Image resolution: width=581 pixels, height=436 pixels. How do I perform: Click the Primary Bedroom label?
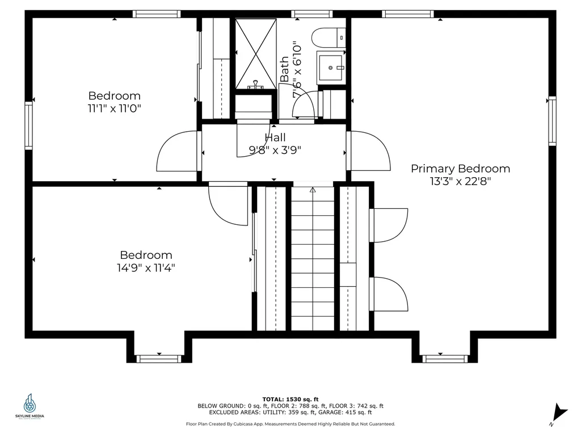tap(460, 169)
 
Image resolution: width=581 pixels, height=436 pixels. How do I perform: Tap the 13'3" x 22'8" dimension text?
tap(460, 181)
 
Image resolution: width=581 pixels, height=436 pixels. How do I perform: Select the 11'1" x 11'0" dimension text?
tap(115, 108)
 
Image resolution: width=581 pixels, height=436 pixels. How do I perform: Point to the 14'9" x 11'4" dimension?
tap(146, 268)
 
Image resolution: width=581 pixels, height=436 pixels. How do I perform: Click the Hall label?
tap(275, 137)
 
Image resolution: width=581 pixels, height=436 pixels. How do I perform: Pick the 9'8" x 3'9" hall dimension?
tap(275, 150)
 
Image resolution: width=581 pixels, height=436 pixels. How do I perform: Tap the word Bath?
tap(285, 69)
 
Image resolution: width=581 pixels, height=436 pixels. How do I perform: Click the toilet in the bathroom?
tap(329, 38)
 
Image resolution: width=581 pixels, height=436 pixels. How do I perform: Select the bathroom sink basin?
tap(331, 68)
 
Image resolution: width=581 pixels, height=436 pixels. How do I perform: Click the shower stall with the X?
tap(256, 54)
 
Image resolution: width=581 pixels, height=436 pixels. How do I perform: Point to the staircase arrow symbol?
tap(313, 190)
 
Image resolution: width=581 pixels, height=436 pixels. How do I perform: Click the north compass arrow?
tap(559, 413)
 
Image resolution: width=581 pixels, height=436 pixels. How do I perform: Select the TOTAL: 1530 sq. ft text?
tap(290, 399)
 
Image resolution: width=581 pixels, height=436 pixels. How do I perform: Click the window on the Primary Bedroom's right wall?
tap(552, 121)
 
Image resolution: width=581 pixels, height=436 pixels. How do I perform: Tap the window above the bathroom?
tap(311, 14)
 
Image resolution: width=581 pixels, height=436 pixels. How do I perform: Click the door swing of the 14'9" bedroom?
tap(228, 204)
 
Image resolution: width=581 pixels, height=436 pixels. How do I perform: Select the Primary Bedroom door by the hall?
tap(369, 151)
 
